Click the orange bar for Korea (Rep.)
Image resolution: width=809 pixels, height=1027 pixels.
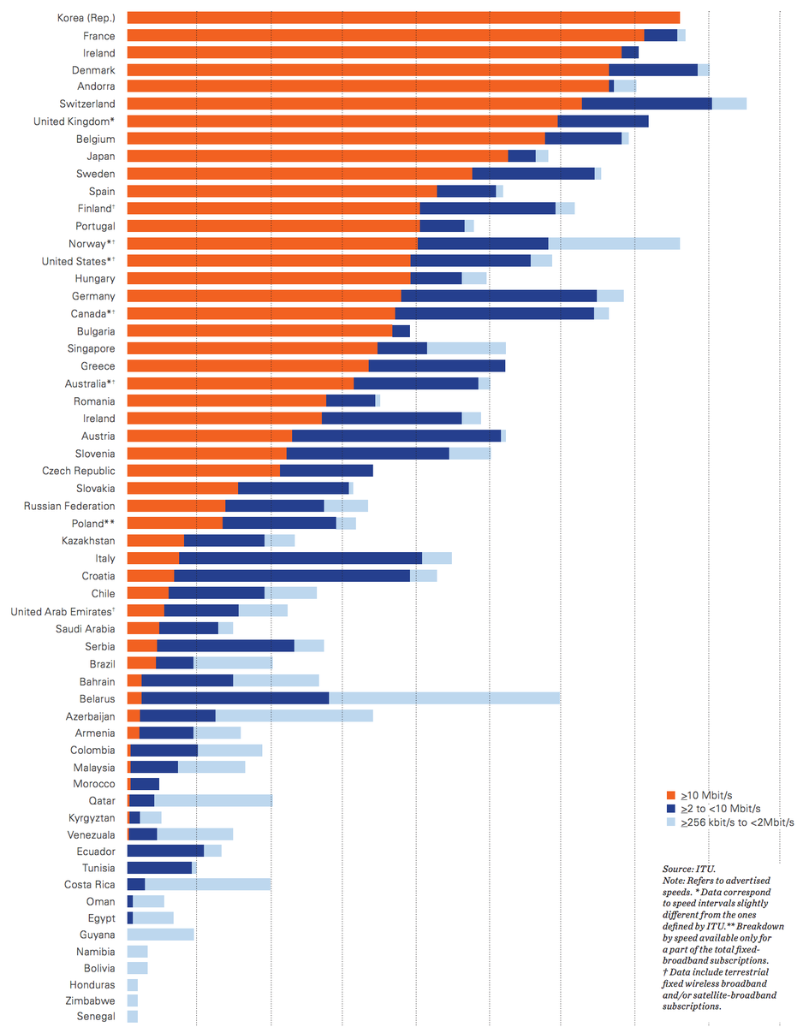(x=402, y=18)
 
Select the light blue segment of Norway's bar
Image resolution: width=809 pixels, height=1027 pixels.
(x=614, y=244)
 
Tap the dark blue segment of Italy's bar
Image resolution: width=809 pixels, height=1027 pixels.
(x=300, y=558)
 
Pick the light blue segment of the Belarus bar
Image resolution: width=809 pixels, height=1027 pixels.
(x=444, y=698)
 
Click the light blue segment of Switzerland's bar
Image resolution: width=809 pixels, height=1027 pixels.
(x=729, y=104)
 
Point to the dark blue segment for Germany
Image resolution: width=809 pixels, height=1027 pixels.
(x=498, y=296)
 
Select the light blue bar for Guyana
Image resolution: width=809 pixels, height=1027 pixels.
(x=160, y=935)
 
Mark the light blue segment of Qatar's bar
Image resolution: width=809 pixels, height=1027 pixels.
(x=213, y=800)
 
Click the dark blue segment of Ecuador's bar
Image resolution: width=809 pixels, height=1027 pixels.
(x=165, y=851)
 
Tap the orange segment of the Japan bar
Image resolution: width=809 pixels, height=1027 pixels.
(x=317, y=156)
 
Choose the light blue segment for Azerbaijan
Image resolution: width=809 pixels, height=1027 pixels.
(x=294, y=715)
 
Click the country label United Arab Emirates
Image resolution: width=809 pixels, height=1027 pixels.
(x=62, y=611)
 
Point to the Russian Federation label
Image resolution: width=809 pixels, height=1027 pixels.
(x=69, y=506)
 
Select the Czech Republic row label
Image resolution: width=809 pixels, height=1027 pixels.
(x=78, y=471)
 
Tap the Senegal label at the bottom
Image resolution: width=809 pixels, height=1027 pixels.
(x=96, y=1016)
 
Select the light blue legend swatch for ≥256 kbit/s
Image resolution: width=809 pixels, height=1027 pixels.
(x=671, y=822)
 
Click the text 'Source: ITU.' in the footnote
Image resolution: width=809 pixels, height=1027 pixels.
(x=682, y=869)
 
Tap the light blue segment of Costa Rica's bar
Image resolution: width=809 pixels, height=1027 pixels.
(x=207, y=884)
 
